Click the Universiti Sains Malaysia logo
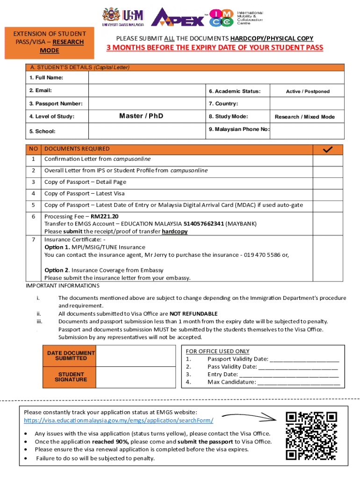(122, 16)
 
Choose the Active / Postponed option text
(308, 91)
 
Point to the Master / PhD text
(141, 116)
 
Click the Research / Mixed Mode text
(304, 116)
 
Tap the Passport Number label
(49, 103)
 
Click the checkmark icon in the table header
(328, 149)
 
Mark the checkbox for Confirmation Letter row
(328, 159)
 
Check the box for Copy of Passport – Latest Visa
(328, 193)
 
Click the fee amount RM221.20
(105, 217)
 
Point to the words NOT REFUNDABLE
(193, 313)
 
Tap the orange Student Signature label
(72, 377)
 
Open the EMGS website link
(119, 421)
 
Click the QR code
(312, 435)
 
